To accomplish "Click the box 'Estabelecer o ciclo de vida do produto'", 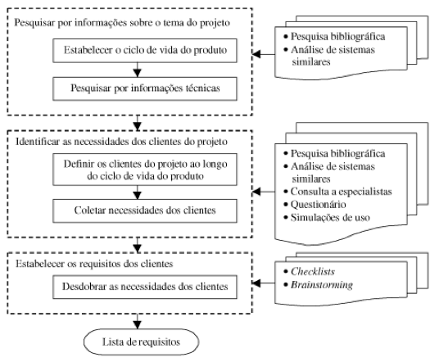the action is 145,51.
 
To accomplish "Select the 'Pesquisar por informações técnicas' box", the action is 145,88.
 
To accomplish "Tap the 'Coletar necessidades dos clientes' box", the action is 145,210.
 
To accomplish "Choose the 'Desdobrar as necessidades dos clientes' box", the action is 145,287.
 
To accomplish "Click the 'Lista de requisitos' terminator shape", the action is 142,342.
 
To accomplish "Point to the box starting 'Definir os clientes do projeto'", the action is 145,170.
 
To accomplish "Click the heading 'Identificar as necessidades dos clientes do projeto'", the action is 121,142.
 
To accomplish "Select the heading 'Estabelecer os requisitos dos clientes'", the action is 94,264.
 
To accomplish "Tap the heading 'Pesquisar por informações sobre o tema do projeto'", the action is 122,23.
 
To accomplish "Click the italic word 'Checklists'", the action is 313,271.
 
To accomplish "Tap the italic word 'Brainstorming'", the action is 322,285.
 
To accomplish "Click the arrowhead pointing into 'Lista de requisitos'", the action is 138,325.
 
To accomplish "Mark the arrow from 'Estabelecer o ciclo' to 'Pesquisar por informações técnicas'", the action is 138,70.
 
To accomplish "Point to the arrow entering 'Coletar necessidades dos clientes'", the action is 138,192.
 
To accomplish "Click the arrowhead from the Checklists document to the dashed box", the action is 256,283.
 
